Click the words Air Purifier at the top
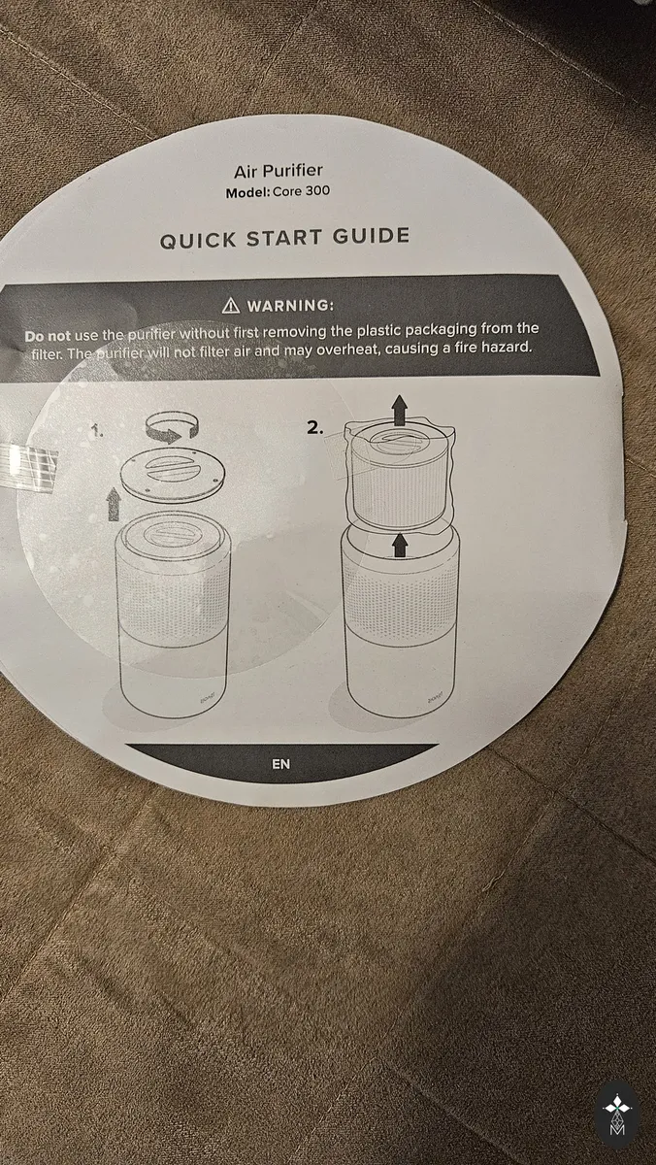click(x=279, y=171)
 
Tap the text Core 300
click(x=302, y=191)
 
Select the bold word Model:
click(x=248, y=192)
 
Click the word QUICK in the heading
click(x=198, y=241)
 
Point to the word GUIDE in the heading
click(x=371, y=236)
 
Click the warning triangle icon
click(x=231, y=306)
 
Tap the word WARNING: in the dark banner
click(x=290, y=305)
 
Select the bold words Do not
click(x=48, y=336)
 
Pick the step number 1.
click(x=97, y=431)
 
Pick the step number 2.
click(x=315, y=428)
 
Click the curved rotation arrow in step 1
click(x=173, y=427)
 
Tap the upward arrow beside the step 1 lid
click(x=114, y=503)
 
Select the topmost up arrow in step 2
click(x=399, y=411)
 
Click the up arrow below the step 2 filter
click(x=399, y=544)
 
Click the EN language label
click(x=281, y=764)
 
